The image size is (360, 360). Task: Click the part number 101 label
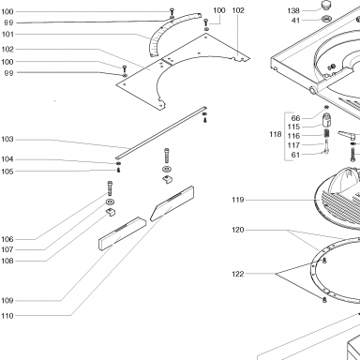[x=7, y=34]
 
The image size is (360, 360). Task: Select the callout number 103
[x=7, y=139]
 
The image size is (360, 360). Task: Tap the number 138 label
[x=293, y=11]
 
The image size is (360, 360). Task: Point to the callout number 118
[x=276, y=134]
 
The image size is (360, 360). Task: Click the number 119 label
[x=238, y=200]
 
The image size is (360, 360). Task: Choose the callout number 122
[x=238, y=274]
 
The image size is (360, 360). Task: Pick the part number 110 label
[x=7, y=316]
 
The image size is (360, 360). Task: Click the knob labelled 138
[x=327, y=6]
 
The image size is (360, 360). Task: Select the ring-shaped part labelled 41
[x=326, y=19]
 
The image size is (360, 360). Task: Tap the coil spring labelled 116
[x=326, y=133]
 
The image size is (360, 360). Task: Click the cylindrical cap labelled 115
[x=326, y=119]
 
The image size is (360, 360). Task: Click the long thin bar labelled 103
[x=161, y=133]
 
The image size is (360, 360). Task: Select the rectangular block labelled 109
[x=122, y=233]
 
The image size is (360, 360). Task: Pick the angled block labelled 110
[x=172, y=203]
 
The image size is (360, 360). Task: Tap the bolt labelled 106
[x=110, y=188]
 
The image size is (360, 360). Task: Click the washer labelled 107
[x=110, y=201]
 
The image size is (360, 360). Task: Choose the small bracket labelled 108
[x=111, y=212]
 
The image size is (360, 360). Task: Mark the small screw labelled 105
[x=118, y=170]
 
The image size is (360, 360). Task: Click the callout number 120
[x=238, y=230]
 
